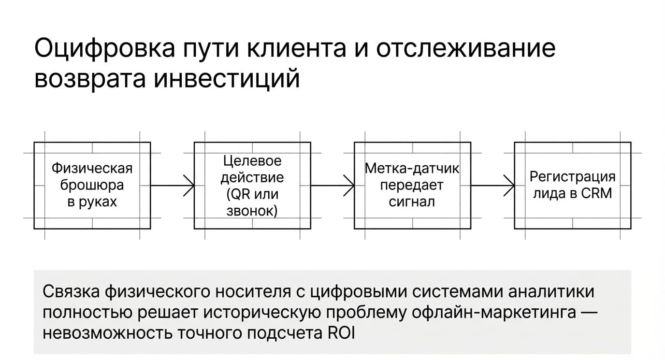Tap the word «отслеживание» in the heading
click(x=466, y=48)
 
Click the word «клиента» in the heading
click(x=297, y=48)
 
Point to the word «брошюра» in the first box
click(x=92, y=186)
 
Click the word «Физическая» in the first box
click(x=92, y=169)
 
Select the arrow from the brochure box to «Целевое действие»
click(x=173, y=186)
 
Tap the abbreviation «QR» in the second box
click(x=238, y=194)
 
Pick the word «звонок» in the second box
click(x=250, y=211)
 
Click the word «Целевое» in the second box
click(x=252, y=161)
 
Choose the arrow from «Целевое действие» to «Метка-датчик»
click(x=332, y=186)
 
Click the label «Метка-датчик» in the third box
click(x=412, y=169)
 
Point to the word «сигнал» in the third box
click(x=412, y=202)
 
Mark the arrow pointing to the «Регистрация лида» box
click(x=493, y=186)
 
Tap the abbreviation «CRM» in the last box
click(x=596, y=193)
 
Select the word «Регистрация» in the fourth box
click(x=573, y=177)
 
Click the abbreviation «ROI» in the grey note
click(x=341, y=333)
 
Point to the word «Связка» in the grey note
click(x=71, y=291)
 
